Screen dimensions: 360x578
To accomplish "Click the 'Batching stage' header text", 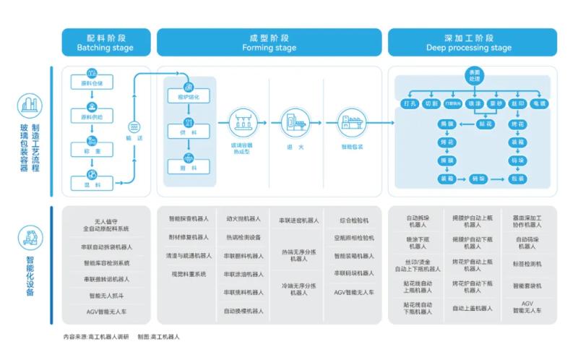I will (x=105, y=48).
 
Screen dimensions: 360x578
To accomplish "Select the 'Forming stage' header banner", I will (x=269, y=42).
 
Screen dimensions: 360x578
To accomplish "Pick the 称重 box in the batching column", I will (x=92, y=149).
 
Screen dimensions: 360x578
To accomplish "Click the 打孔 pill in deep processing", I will (x=410, y=103).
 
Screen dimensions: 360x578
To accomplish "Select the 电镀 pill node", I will (x=539, y=103).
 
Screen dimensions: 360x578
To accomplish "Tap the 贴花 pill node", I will (x=486, y=124).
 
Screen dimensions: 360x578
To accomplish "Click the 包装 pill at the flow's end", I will (x=517, y=178).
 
